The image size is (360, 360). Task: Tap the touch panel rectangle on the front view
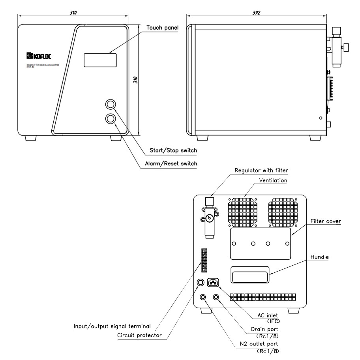click(x=100, y=60)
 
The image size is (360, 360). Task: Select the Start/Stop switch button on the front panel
click(x=111, y=104)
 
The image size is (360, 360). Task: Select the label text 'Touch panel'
click(x=162, y=28)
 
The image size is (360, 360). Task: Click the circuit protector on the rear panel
click(x=201, y=283)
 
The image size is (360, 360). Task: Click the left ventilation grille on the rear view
click(x=242, y=211)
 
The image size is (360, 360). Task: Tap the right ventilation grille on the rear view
click(x=283, y=211)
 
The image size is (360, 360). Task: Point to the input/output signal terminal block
click(x=204, y=260)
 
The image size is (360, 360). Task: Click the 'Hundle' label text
click(x=319, y=257)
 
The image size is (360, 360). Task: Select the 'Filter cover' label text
click(x=326, y=221)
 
